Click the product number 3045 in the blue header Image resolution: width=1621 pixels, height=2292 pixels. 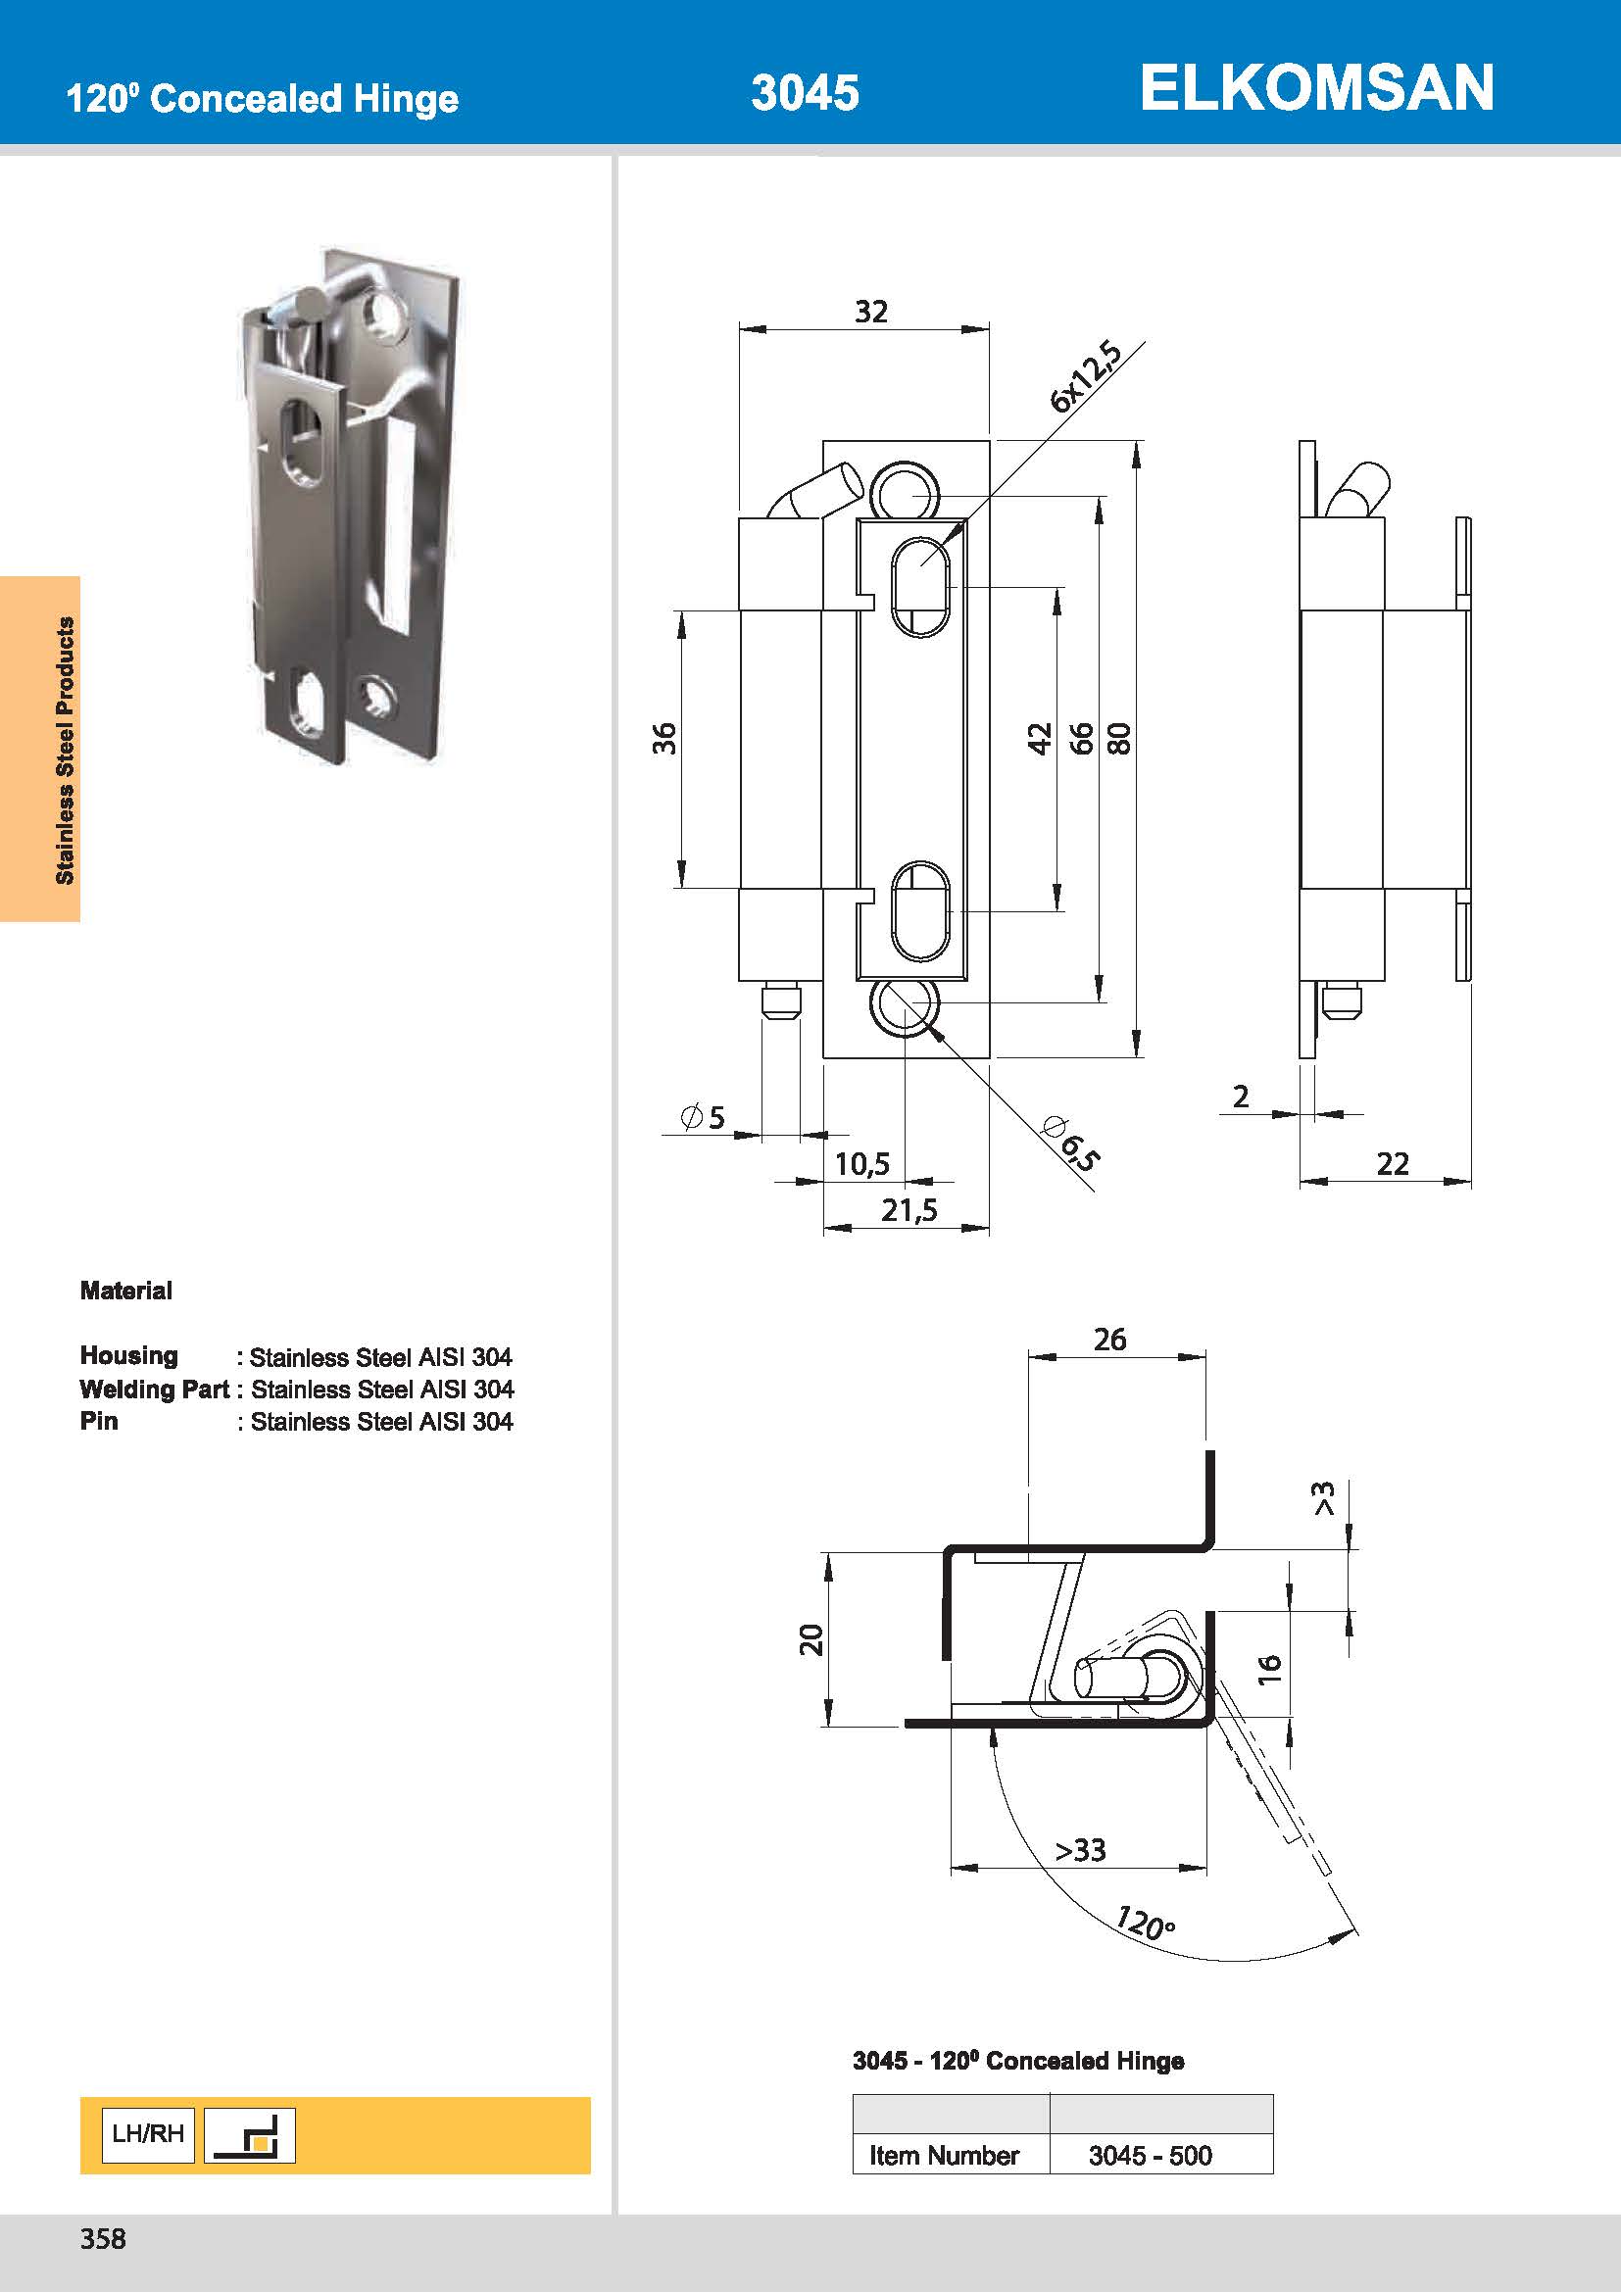click(x=805, y=93)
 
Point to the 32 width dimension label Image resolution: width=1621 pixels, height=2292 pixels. click(x=870, y=312)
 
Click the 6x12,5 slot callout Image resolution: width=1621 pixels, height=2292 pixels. click(x=1085, y=377)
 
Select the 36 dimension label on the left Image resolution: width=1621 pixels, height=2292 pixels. click(x=664, y=738)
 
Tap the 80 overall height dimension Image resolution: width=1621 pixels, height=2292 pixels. click(x=1120, y=738)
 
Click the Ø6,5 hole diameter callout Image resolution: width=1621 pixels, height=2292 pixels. click(x=1071, y=1144)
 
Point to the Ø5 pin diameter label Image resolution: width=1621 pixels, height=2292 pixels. click(x=703, y=1117)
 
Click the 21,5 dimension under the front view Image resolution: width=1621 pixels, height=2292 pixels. click(x=909, y=1210)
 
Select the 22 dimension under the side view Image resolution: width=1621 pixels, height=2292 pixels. click(x=1393, y=1163)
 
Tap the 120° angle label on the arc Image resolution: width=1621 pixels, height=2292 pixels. click(x=1145, y=1922)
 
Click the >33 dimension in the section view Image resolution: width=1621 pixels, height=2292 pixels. click(x=1081, y=1850)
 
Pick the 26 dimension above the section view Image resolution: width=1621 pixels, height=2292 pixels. click(x=1109, y=1340)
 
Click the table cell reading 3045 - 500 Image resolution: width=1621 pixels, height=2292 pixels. click(x=1150, y=2155)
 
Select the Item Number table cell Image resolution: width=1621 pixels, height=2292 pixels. click(x=943, y=2155)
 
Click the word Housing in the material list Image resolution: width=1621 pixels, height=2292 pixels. click(x=128, y=1355)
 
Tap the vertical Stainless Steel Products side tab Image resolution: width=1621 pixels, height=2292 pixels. click(x=65, y=750)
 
